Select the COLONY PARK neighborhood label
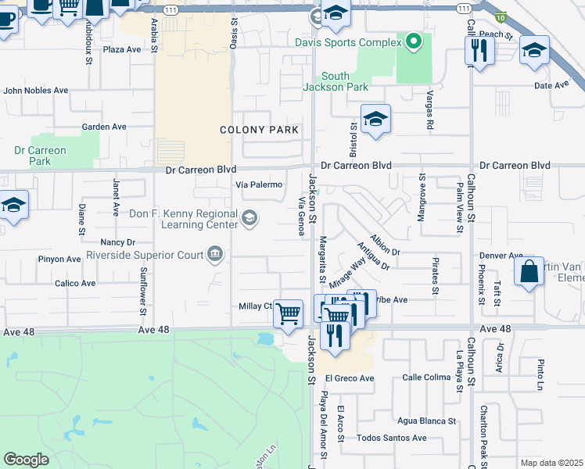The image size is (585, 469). point(260,130)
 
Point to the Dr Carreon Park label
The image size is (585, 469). point(41,156)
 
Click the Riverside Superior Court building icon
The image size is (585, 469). point(214,253)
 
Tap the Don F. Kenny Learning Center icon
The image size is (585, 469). point(249,217)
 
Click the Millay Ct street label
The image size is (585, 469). point(255,306)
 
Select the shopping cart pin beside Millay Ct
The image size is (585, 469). point(289,313)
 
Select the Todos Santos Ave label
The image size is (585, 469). point(392,438)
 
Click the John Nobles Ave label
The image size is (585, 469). point(36,91)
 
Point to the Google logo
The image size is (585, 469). point(26,460)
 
